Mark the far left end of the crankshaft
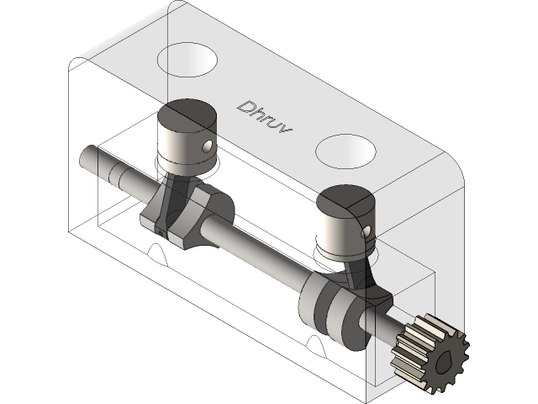(x=87, y=157)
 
